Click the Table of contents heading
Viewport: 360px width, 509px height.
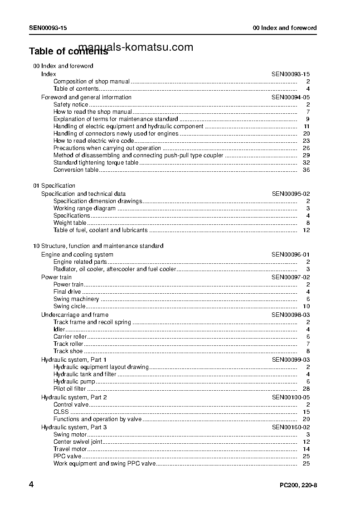point(68,51)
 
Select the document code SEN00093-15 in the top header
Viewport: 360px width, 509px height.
point(48,28)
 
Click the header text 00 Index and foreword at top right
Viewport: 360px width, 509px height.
point(285,28)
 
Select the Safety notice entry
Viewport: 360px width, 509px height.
point(71,105)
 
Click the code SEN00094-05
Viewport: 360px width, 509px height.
point(291,97)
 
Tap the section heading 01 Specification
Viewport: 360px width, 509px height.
point(54,186)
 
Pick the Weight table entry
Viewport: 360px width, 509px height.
point(70,223)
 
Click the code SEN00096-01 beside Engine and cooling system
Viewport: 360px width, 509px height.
point(291,255)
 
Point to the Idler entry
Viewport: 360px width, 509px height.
point(59,330)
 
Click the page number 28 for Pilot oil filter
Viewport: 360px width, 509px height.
point(306,389)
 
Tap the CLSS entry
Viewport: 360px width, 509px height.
point(61,412)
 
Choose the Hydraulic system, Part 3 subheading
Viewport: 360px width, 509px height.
point(74,427)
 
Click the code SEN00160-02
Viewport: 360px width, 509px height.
point(291,427)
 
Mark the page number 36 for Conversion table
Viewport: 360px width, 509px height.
point(306,170)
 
